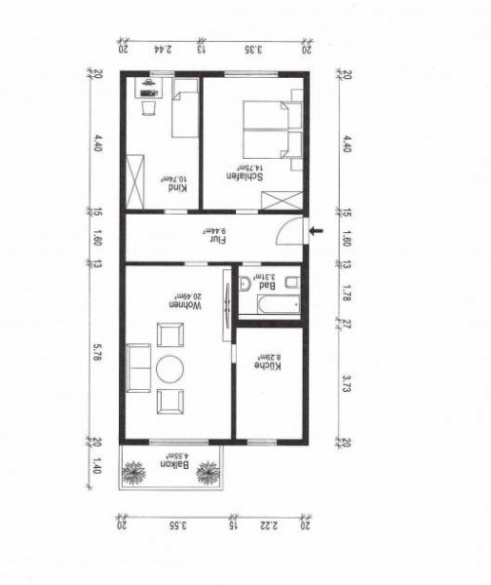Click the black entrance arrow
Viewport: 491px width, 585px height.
(x=315, y=231)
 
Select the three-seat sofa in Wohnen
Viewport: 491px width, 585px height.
(x=139, y=368)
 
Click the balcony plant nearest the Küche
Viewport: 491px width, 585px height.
(x=207, y=473)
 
